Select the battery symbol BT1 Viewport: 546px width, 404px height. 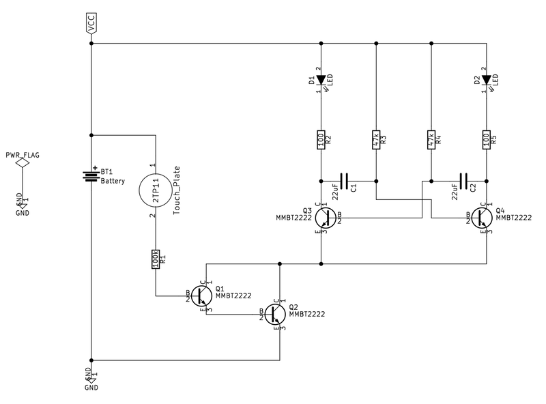coord(91,175)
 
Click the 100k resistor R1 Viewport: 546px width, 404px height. coord(156,259)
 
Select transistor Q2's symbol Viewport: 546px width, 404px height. coord(276,315)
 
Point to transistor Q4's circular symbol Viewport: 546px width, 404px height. coord(481,218)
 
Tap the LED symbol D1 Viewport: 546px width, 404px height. coord(320,81)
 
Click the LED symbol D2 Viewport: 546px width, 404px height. coord(486,81)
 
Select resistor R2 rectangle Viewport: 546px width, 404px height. coord(320,140)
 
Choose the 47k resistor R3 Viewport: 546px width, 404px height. coord(375,140)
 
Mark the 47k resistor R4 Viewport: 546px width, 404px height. coord(431,140)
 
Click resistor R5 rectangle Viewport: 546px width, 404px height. coord(486,140)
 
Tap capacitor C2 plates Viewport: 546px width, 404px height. coord(464,181)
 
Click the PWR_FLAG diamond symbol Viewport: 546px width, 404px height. coord(23,162)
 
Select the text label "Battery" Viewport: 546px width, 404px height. coord(113,181)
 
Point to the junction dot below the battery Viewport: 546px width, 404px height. coord(91,359)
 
